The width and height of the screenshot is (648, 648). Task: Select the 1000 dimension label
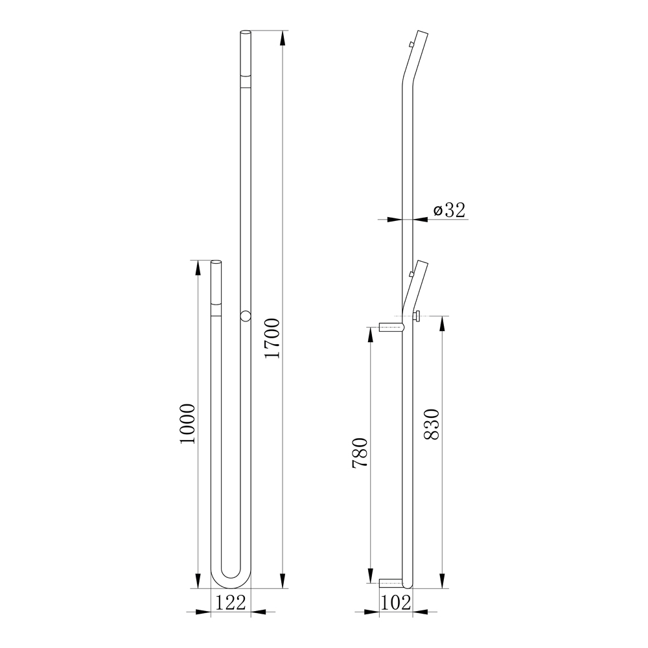(x=187, y=424)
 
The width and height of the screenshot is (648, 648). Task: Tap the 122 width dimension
(x=231, y=602)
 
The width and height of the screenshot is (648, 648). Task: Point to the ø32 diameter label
(x=449, y=210)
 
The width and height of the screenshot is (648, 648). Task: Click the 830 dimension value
(x=432, y=424)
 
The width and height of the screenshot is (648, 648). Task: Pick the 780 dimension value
(x=360, y=452)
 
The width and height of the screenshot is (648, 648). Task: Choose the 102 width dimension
(x=395, y=603)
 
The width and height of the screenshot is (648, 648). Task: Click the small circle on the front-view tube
(x=246, y=316)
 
